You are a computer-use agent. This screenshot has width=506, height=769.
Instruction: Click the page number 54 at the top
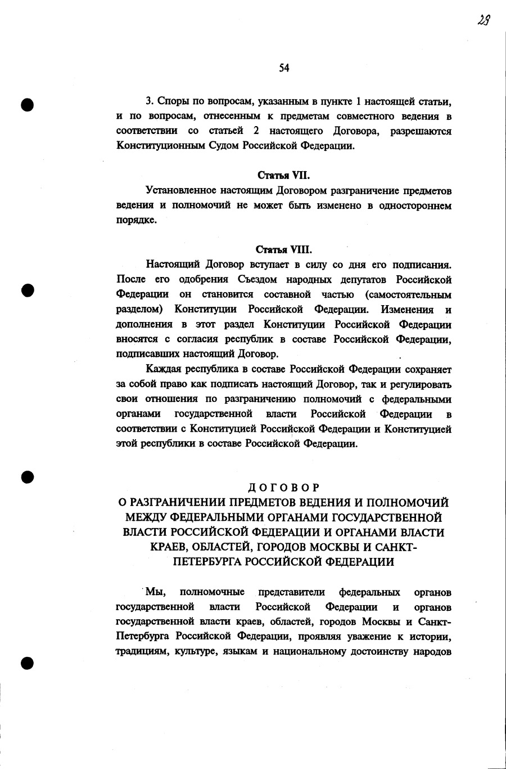tap(283, 68)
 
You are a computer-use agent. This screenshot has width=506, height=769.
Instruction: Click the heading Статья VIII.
tap(284, 249)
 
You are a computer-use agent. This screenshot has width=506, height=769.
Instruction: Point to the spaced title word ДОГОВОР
tap(283, 487)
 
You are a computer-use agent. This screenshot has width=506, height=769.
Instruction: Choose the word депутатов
tap(363, 279)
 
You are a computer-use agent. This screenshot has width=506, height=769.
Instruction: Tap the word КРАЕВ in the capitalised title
tap(171, 547)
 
